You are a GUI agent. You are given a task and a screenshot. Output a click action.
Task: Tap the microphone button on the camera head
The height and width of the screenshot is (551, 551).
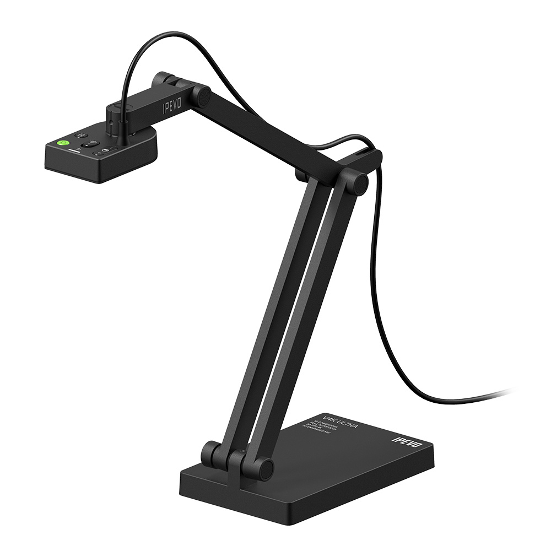(90, 145)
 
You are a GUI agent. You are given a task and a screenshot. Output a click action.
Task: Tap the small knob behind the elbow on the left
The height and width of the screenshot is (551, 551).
(301, 176)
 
